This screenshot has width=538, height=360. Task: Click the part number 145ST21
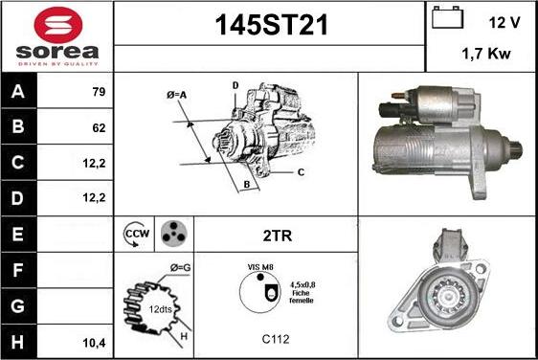[272, 25]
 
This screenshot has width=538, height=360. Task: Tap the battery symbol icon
[447, 17]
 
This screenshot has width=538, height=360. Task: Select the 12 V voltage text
[504, 23]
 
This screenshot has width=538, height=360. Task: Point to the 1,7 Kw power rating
[486, 54]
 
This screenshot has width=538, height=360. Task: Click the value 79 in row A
[99, 92]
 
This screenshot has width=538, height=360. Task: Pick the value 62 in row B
[99, 128]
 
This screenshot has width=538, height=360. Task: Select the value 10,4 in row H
[94, 343]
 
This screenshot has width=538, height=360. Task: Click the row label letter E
[17, 234]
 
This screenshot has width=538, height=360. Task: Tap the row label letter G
[17, 305]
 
